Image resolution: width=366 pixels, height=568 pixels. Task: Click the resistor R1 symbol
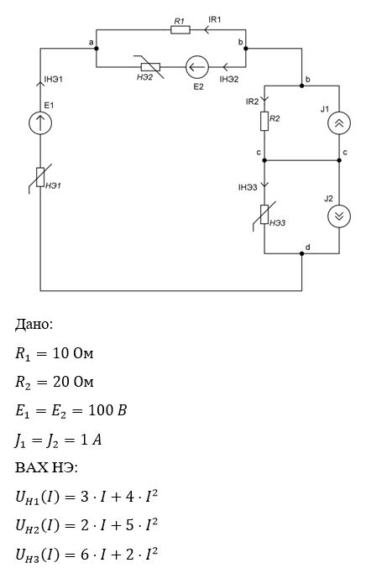[180, 29]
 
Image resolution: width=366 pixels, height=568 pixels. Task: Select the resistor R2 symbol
[264, 121]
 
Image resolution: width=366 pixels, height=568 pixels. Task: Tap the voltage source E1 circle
[40, 123]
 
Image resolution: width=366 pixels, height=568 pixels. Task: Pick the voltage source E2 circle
[197, 67]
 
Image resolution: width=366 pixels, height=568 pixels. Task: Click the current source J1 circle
[339, 123]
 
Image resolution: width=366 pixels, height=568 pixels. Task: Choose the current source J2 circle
[339, 216]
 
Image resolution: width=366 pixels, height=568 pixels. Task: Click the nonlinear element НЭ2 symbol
[150, 67]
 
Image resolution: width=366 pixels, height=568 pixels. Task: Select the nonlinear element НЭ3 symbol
[264, 215]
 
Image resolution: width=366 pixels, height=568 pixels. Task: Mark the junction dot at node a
[96, 48]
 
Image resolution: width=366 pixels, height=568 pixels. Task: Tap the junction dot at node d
[302, 253]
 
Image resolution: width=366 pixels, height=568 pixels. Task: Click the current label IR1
[215, 19]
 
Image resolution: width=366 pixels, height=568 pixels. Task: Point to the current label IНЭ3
[248, 187]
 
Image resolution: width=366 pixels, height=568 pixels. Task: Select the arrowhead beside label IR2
[264, 98]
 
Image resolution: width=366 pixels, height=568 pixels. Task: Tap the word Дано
[34, 324]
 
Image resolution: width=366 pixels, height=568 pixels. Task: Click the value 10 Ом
[73, 353]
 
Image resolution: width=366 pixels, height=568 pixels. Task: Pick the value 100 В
[107, 410]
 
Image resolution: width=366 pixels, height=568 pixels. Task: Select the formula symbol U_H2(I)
[37, 525]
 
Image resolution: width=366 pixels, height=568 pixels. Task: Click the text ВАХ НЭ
[46, 467]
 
